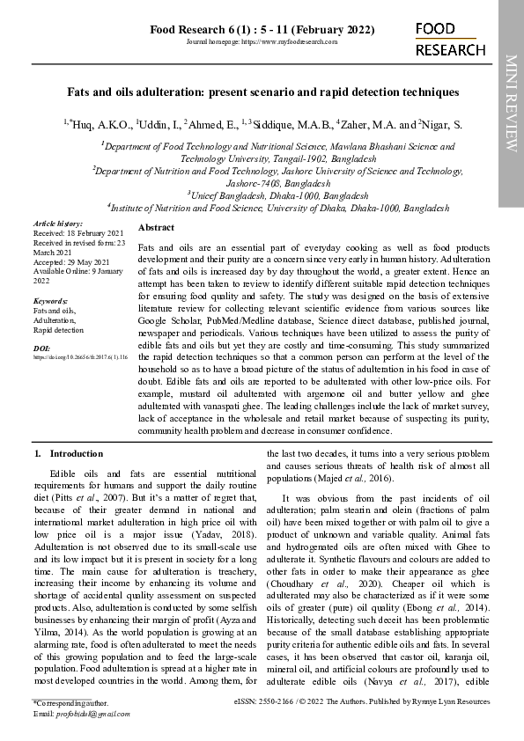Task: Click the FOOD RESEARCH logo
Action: (450, 40)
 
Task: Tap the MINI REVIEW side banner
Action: (511, 103)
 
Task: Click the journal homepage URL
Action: (262, 41)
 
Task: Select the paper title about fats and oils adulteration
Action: (262, 92)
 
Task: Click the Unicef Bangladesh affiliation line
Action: (277, 194)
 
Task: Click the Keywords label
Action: (50, 301)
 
